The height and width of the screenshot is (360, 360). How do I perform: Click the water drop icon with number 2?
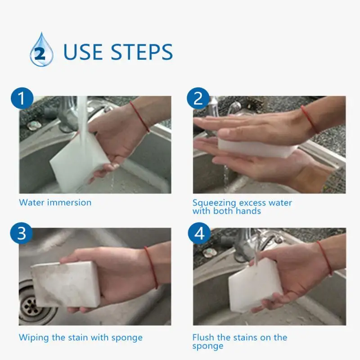(41, 49)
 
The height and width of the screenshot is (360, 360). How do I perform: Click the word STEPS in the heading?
(142, 52)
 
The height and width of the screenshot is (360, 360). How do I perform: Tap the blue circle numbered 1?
(22, 98)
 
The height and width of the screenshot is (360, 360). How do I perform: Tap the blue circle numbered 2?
(198, 98)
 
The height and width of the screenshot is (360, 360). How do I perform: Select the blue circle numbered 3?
(22, 233)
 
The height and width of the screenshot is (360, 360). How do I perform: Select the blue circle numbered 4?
(199, 233)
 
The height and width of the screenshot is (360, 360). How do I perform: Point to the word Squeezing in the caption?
(214, 203)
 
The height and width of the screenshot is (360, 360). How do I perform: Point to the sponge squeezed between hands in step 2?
(257, 147)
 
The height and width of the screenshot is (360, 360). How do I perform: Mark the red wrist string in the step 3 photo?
(152, 267)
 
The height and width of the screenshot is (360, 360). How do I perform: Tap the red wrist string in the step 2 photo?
(310, 119)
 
